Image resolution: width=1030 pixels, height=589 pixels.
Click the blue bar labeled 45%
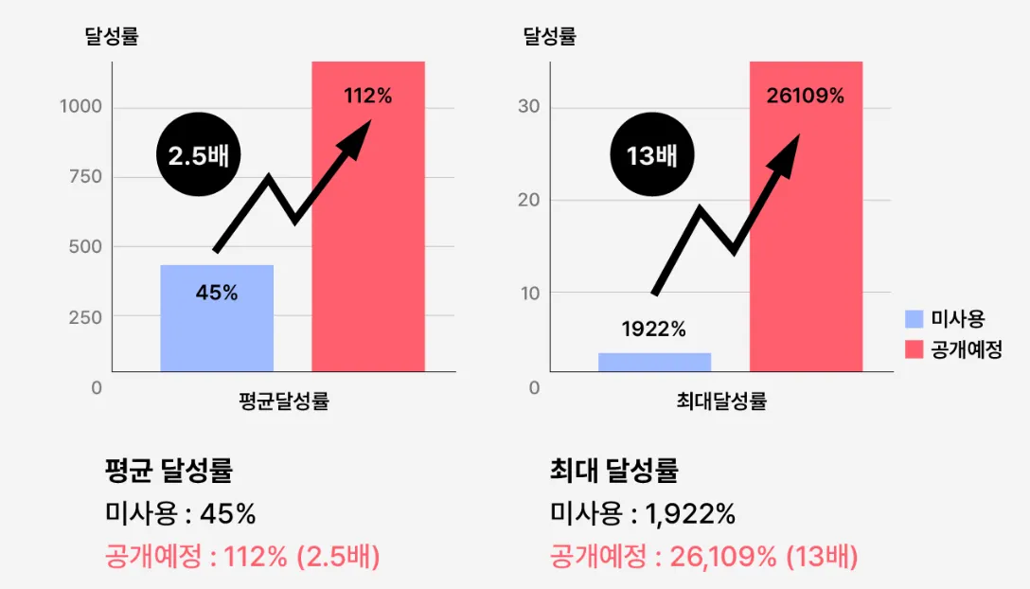pos(217,317)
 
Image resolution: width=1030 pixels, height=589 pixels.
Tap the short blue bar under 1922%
pos(654,362)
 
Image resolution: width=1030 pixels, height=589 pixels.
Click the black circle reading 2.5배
pos(199,154)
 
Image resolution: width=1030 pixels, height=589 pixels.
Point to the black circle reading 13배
pos(652,154)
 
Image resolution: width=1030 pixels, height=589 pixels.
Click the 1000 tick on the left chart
pos(80,107)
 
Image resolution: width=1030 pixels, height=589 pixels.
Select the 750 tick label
pos(85,177)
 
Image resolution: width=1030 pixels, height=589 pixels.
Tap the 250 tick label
pos(85,317)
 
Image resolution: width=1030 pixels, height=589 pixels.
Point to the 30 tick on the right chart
pos(528,107)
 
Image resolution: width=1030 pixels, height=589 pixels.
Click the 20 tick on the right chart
pos(528,200)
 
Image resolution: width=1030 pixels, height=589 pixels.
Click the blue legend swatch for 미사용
pos(914,319)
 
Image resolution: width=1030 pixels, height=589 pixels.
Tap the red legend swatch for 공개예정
pos(914,349)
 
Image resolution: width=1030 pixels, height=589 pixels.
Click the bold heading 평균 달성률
pos(169,471)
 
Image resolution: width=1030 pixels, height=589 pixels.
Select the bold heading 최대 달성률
pos(613,471)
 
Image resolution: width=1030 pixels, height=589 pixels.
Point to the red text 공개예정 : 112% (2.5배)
pos(242,557)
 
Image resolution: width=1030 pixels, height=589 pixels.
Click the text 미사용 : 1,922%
pos(643,514)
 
